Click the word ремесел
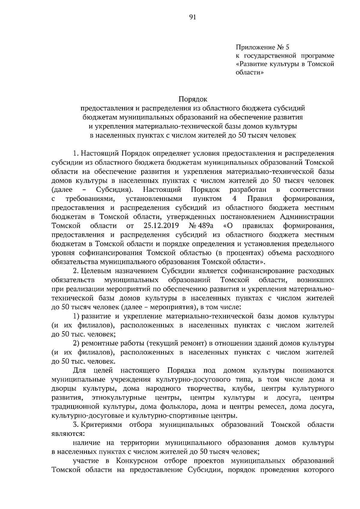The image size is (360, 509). coord(268,407)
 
